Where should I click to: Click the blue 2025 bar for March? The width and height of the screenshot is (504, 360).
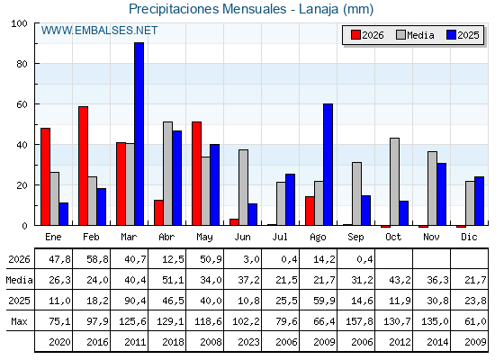point(139,134)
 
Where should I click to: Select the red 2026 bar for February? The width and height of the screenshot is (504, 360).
point(83,166)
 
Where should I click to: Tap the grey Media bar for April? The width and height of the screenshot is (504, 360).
point(167,174)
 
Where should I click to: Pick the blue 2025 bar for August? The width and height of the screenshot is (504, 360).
point(328,165)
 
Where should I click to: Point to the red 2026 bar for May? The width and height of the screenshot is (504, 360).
point(197,174)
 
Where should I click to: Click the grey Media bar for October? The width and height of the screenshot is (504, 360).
point(395,182)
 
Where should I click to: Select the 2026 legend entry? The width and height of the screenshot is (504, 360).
point(367,35)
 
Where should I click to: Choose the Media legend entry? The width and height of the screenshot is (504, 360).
point(415,35)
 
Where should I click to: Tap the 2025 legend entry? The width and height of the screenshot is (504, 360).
point(463,35)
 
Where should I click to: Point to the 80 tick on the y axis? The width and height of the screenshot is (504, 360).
point(22,64)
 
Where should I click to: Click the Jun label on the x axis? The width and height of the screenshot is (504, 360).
point(242,237)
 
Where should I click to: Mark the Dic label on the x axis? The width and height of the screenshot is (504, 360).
point(469,237)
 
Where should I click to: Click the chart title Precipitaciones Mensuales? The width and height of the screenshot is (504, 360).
point(208,9)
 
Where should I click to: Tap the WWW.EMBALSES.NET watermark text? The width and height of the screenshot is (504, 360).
point(99,31)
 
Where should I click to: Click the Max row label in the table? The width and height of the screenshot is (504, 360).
point(19,321)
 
